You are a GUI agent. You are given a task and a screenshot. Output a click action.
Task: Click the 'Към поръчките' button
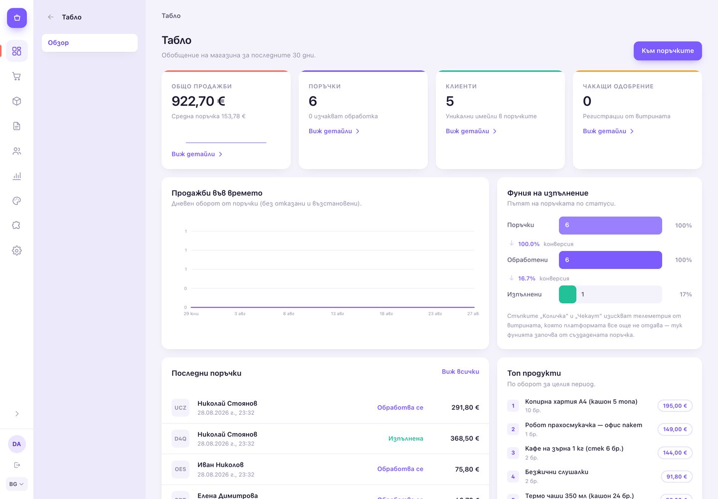(x=667, y=51)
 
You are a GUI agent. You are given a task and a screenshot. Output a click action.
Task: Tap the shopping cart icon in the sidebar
(x=16, y=76)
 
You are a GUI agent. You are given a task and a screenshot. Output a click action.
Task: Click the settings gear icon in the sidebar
(x=16, y=250)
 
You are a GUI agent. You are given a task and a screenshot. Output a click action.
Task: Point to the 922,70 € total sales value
(x=198, y=101)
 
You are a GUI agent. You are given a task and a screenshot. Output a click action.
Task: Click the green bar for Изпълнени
(x=567, y=294)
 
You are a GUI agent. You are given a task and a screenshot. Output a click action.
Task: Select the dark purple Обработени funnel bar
(x=610, y=260)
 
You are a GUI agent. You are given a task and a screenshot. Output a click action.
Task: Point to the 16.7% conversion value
(x=527, y=278)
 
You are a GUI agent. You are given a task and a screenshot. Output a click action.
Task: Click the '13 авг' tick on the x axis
(x=337, y=314)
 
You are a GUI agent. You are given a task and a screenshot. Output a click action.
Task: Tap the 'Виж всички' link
(x=460, y=371)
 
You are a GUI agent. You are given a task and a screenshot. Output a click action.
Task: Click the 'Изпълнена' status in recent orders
(x=405, y=439)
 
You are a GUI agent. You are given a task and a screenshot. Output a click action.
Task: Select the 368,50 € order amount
(x=465, y=439)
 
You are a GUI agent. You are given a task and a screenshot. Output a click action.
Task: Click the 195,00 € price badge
(x=675, y=406)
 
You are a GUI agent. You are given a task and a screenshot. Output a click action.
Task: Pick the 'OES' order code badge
(x=180, y=469)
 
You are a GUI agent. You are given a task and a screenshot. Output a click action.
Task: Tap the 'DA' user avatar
(x=16, y=444)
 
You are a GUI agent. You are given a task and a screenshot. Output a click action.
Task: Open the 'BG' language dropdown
(x=16, y=484)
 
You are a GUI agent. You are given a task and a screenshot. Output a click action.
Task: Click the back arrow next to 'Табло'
(x=51, y=17)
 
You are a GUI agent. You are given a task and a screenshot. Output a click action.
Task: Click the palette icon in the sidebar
(x=16, y=201)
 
